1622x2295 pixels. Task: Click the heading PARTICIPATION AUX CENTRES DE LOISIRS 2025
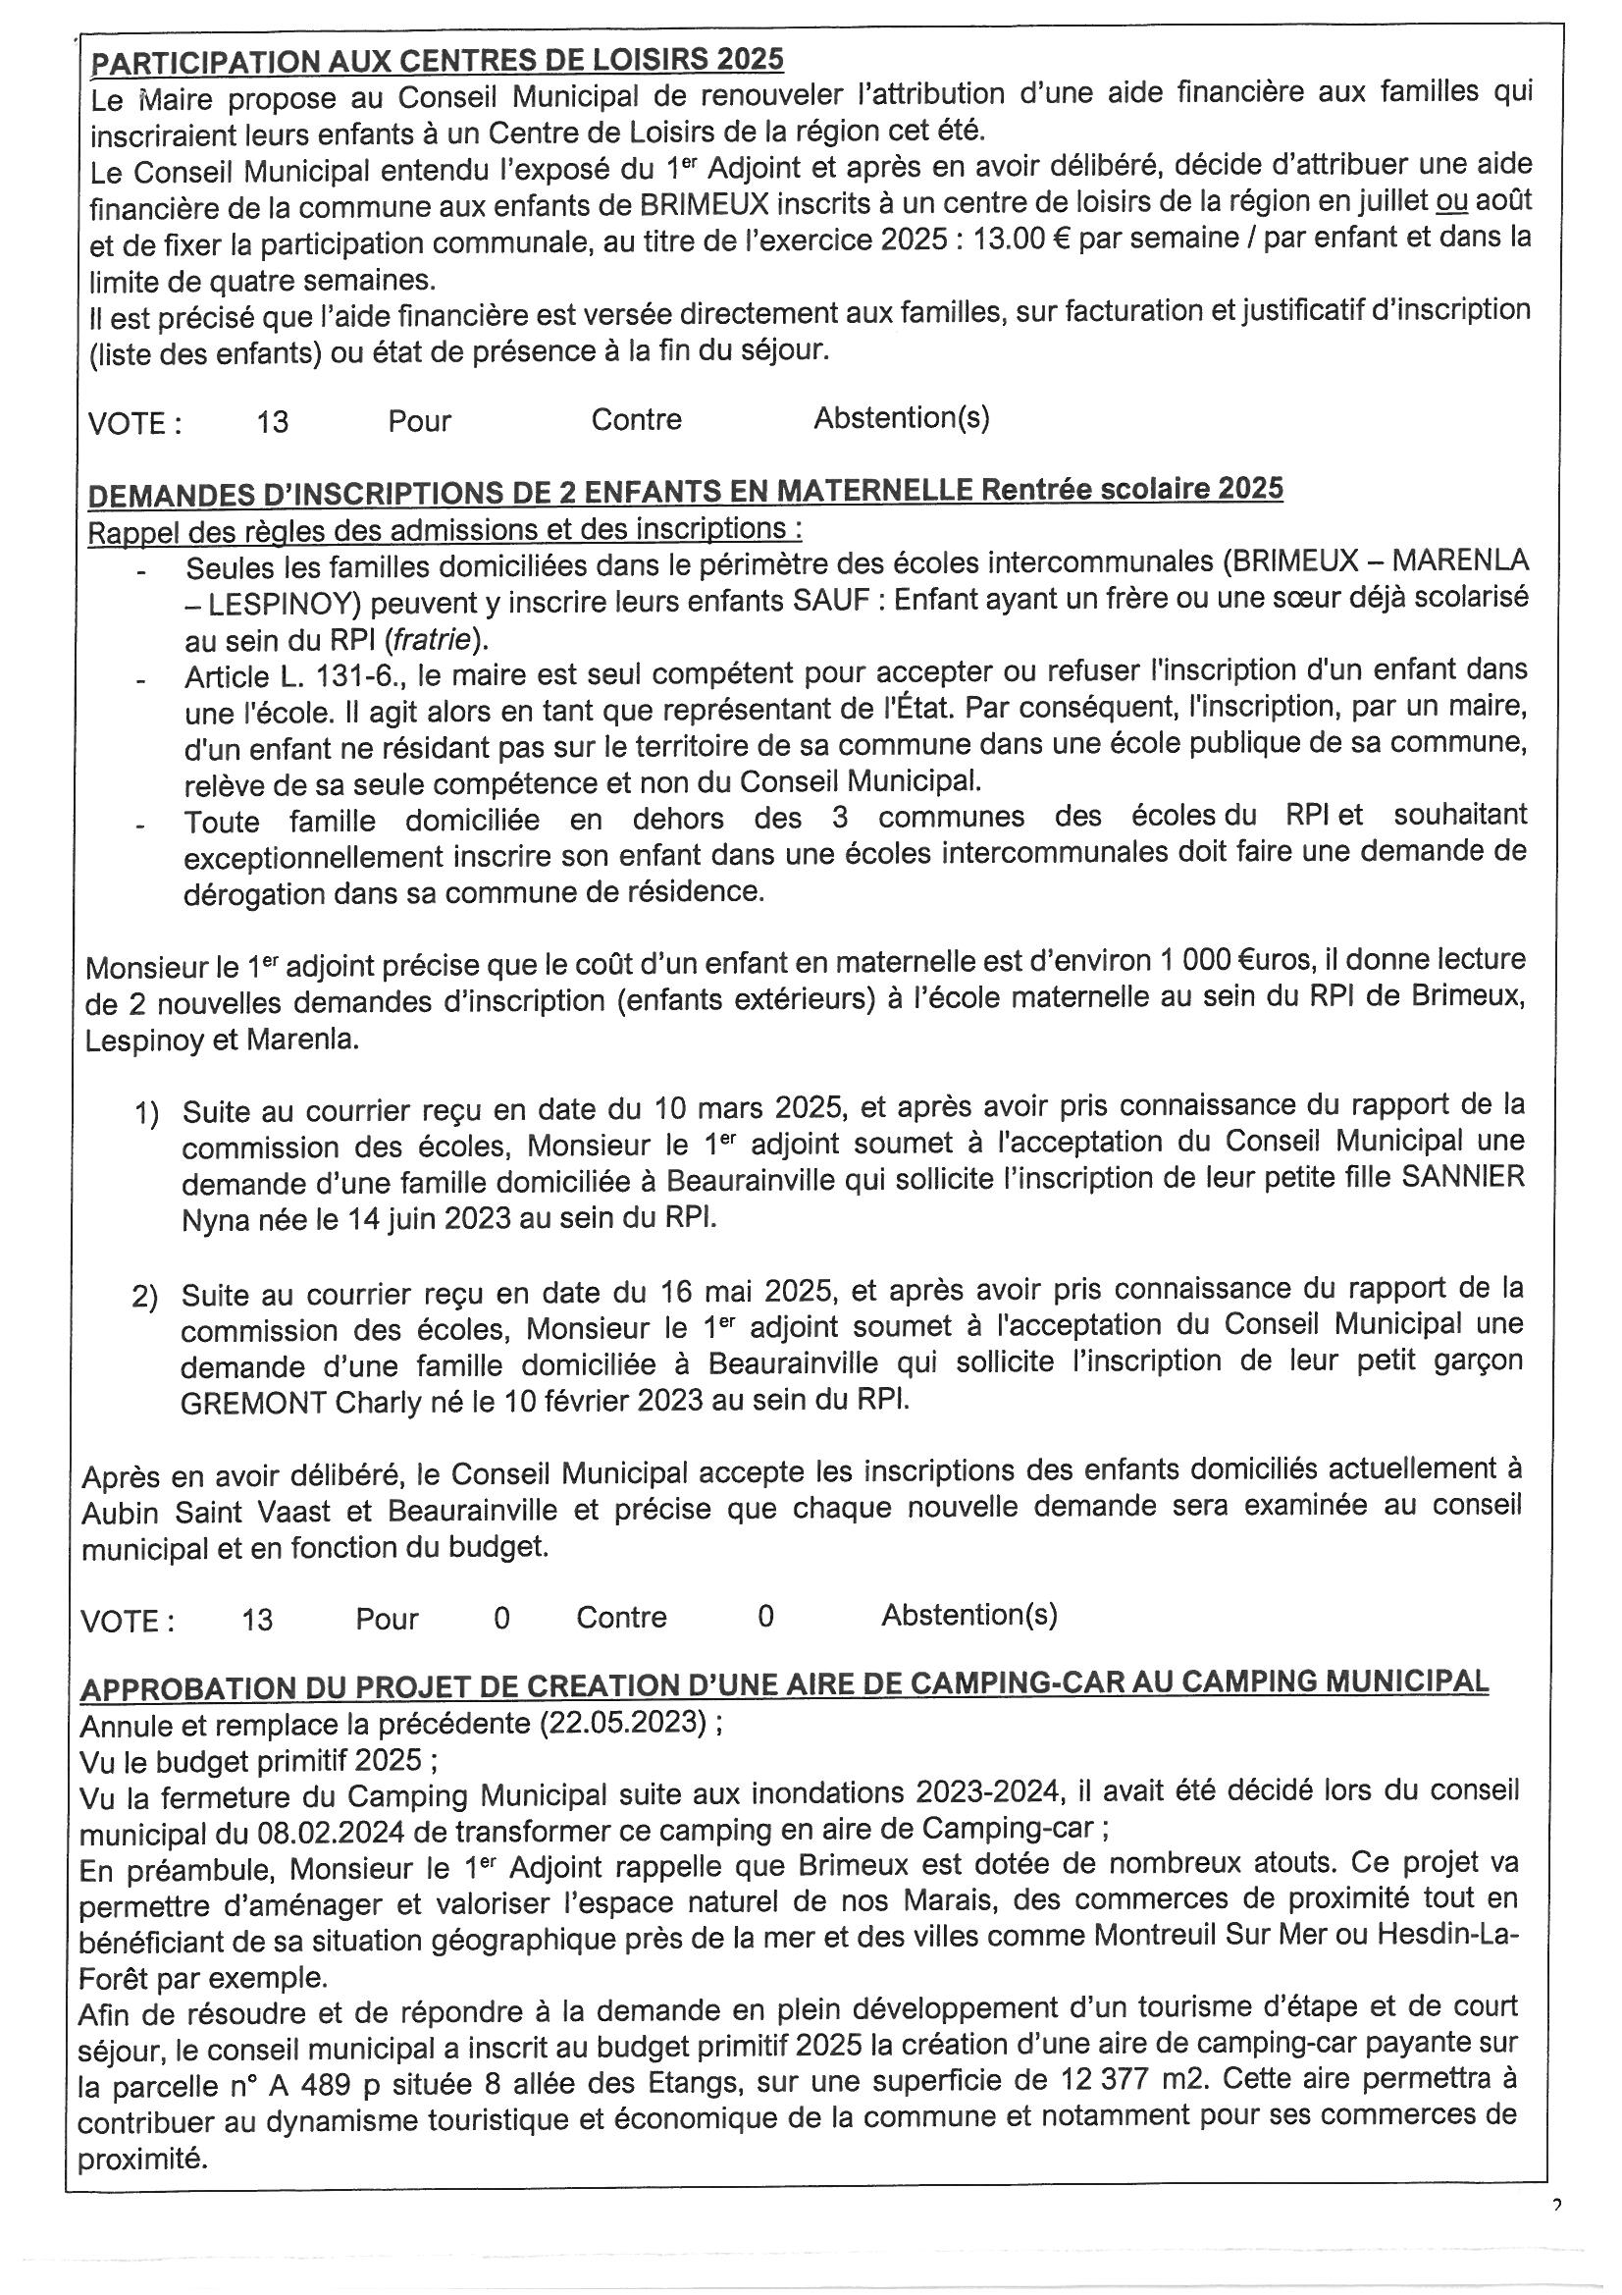point(437,60)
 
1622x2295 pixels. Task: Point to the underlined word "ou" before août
point(1450,202)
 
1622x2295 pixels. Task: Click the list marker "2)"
point(145,1296)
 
